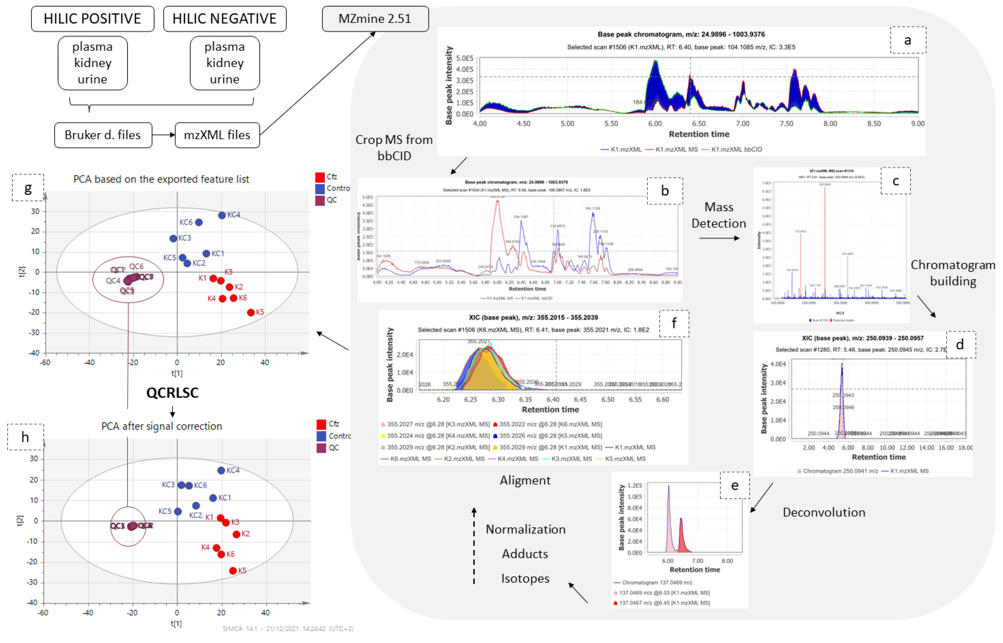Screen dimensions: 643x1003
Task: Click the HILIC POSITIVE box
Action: pos(92,19)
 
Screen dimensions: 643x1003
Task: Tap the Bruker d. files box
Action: pos(103,135)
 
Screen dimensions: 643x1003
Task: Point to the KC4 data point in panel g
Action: pos(222,215)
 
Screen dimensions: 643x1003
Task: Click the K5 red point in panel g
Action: pos(251,312)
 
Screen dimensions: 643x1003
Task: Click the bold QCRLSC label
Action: pos(172,392)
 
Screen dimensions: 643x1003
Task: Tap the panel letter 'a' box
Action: pos(908,40)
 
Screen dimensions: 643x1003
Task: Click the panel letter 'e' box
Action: pos(734,485)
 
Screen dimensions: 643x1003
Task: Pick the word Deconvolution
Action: pos(824,512)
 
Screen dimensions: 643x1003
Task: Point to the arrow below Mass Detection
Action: pos(719,238)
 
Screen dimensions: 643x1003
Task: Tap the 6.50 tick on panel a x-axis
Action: pos(699,124)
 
